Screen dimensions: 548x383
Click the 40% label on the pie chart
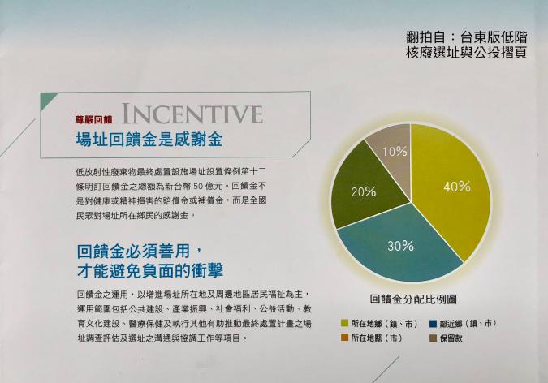click(x=457, y=187)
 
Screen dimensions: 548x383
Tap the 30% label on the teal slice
click(x=400, y=246)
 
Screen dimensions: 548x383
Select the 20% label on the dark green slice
click(x=364, y=191)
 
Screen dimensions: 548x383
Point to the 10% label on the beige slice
click(x=395, y=152)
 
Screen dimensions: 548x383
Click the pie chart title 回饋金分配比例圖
click(x=413, y=299)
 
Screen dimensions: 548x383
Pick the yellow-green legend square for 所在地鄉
click(x=344, y=323)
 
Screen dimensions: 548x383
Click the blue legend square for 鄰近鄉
click(x=434, y=324)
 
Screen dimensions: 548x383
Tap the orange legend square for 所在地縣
click(x=344, y=338)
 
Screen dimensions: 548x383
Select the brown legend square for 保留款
click(x=434, y=338)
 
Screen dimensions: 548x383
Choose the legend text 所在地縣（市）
click(x=377, y=338)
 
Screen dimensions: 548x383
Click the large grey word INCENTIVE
click(x=192, y=114)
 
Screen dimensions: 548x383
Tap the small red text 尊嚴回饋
click(x=93, y=120)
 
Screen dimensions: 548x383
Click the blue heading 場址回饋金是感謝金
click(x=149, y=140)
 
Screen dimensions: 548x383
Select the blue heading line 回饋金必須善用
click(x=139, y=252)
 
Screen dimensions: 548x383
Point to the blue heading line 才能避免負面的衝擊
click(x=150, y=270)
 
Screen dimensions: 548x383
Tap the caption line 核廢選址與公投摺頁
click(x=467, y=53)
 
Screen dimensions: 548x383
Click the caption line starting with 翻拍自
click(x=467, y=37)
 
